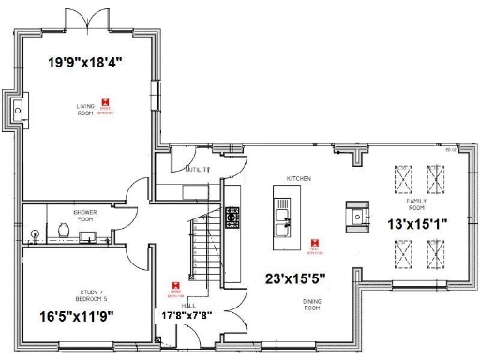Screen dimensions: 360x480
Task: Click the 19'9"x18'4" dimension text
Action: click(x=86, y=62)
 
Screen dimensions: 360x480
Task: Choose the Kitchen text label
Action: click(x=298, y=178)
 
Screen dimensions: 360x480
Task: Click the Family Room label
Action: click(x=416, y=205)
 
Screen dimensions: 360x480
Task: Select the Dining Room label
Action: click(x=313, y=305)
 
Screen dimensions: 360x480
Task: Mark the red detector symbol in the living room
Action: click(x=109, y=101)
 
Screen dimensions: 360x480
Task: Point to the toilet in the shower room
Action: click(x=62, y=229)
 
